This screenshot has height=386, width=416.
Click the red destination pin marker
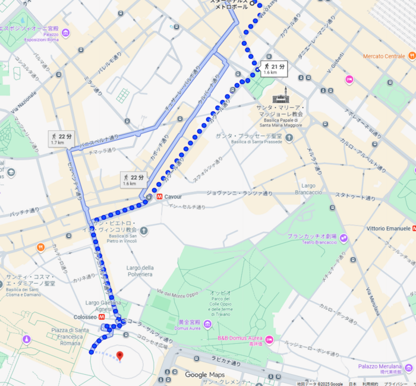[120, 356]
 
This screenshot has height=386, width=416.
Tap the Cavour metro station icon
[159, 197]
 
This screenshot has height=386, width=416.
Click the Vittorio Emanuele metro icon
[414, 229]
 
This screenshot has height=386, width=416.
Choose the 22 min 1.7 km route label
[62, 140]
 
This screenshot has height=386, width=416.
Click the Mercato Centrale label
[384, 56]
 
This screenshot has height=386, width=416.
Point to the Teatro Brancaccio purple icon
[343, 238]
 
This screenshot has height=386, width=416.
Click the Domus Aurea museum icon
[207, 324]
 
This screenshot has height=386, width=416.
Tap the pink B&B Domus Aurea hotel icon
[269, 339]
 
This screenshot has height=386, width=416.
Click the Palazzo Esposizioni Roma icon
[66, 33]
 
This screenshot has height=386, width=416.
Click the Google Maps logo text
[204, 375]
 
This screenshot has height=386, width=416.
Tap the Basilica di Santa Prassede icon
[289, 138]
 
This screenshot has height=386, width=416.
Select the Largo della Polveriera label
[140, 271]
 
